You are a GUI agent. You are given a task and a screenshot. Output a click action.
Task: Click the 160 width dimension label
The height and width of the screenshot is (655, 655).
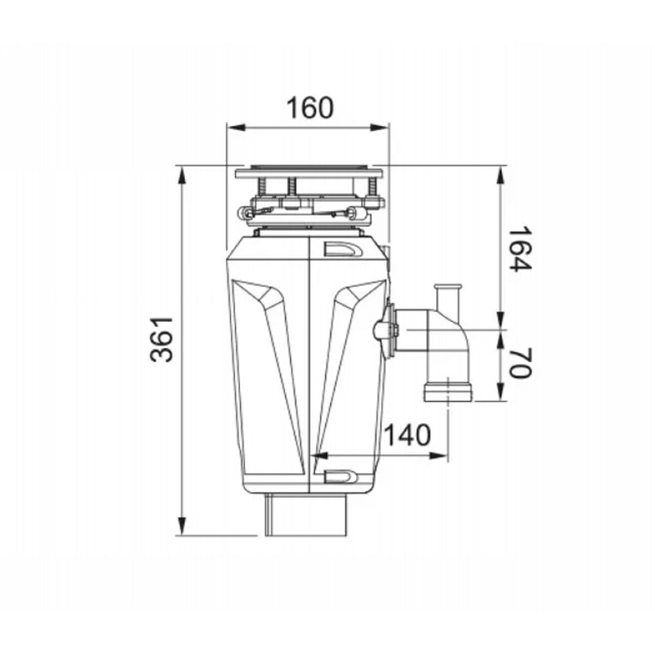click(x=310, y=108)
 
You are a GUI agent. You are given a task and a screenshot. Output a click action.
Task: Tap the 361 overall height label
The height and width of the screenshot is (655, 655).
click(x=161, y=339)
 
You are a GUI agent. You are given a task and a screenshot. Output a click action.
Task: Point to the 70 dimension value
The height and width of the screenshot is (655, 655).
click(x=520, y=363)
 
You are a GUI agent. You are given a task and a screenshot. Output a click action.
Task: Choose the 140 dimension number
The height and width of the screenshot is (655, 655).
click(x=407, y=435)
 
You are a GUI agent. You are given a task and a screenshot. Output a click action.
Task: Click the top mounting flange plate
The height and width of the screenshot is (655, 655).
click(x=309, y=172)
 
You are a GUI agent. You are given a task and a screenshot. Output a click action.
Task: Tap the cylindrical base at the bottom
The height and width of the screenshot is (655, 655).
click(x=306, y=514)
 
